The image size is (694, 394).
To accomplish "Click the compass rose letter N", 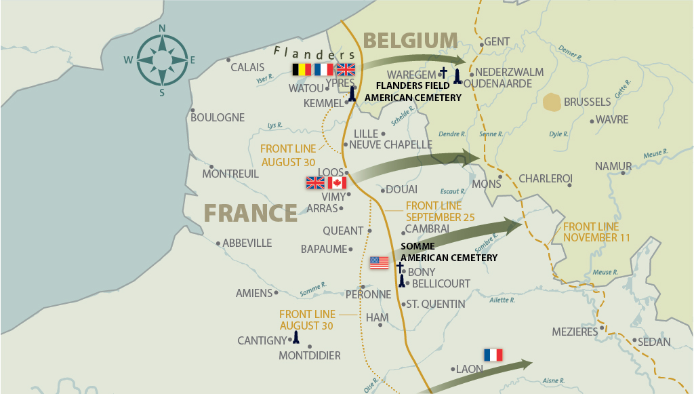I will (x=162, y=28).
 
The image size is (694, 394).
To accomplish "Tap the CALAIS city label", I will (x=247, y=67).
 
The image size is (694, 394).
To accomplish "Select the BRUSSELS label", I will (x=587, y=102).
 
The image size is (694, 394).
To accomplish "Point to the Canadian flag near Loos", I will (x=337, y=183).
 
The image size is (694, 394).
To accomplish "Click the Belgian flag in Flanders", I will (x=302, y=69).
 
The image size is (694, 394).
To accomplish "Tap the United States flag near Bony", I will (x=380, y=262).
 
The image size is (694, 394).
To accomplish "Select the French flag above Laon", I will (x=493, y=355).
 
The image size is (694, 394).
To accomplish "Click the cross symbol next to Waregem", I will (x=444, y=73).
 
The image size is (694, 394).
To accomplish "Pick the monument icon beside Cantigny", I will (x=295, y=337).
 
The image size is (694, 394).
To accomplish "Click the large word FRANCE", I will (x=250, y=213).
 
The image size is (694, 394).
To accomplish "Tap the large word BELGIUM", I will (x=411, y=41).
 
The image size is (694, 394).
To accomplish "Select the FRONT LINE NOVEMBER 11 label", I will (x=596, y=232).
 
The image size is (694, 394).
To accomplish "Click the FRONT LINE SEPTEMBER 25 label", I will (x=440, y=212).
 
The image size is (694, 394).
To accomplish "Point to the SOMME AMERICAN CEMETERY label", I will (x=449, y=252).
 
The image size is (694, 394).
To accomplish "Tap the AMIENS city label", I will (x=253, y=294).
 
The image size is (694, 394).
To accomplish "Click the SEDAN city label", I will (x=654, y=342).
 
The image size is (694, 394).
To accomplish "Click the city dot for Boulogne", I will (x=193, y=110).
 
